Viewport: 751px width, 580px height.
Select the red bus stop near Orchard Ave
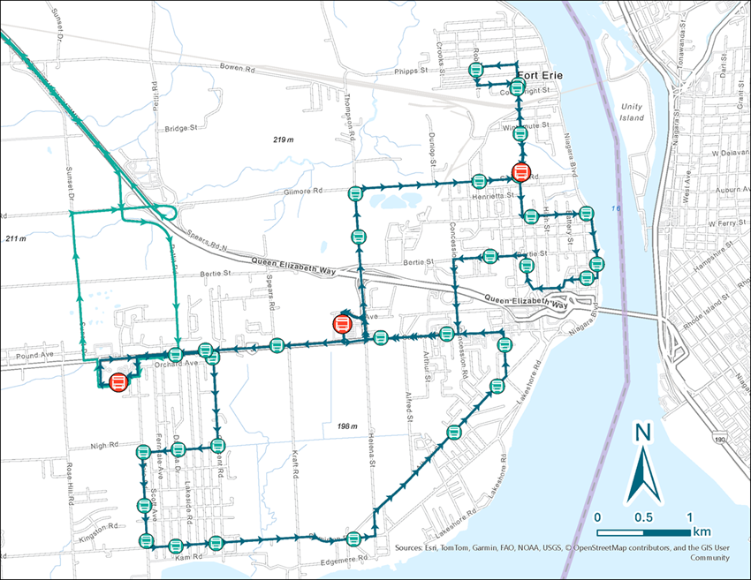118,381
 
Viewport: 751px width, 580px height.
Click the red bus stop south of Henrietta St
521,171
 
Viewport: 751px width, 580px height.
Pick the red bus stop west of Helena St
341,324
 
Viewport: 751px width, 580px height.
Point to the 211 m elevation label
17,239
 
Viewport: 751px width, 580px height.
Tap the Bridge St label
178,129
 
